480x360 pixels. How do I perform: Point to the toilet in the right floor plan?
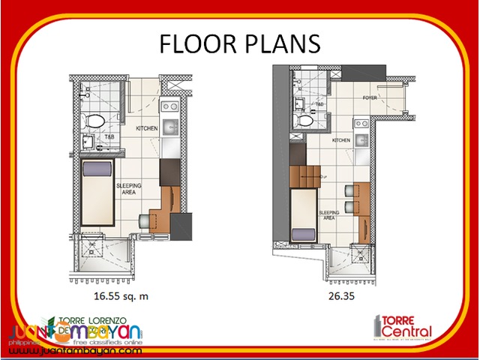click(x=306, y=120)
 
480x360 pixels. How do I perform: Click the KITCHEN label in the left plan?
click(x=146, y=129)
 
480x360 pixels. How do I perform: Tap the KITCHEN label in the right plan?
click(x=341, y=140)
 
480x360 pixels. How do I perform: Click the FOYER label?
click(x=369, y=98)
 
